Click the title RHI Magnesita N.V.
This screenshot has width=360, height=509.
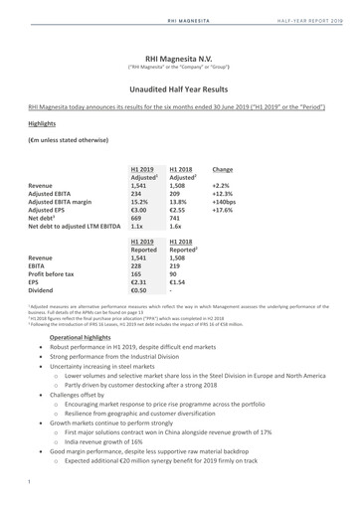(x=179, y=58)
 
